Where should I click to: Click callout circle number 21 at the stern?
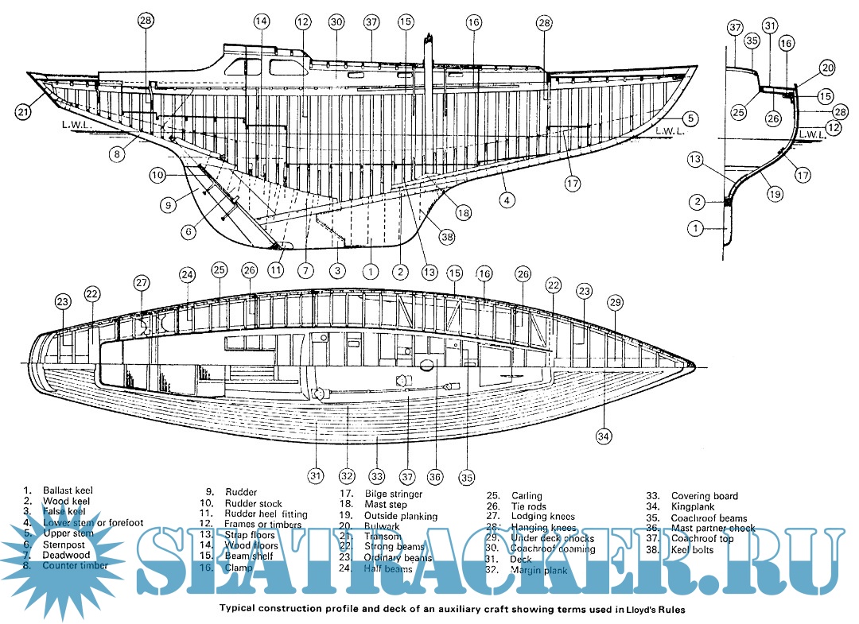pos(25,112)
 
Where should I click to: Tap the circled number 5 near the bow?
pos(690,118)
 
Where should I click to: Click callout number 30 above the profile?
pos(336,22)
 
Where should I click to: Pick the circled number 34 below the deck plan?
pos(604,435)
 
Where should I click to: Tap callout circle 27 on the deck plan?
pos(142,282)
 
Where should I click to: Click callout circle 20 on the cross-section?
pos(826,68)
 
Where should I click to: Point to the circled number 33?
pos(376,477)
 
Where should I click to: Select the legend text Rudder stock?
pos(253,503)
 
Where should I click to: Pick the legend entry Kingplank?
pos(692,506)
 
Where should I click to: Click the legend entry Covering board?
pos(704,496)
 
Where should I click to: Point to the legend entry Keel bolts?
pos(692,549)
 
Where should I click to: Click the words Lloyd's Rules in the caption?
pos(651,610)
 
